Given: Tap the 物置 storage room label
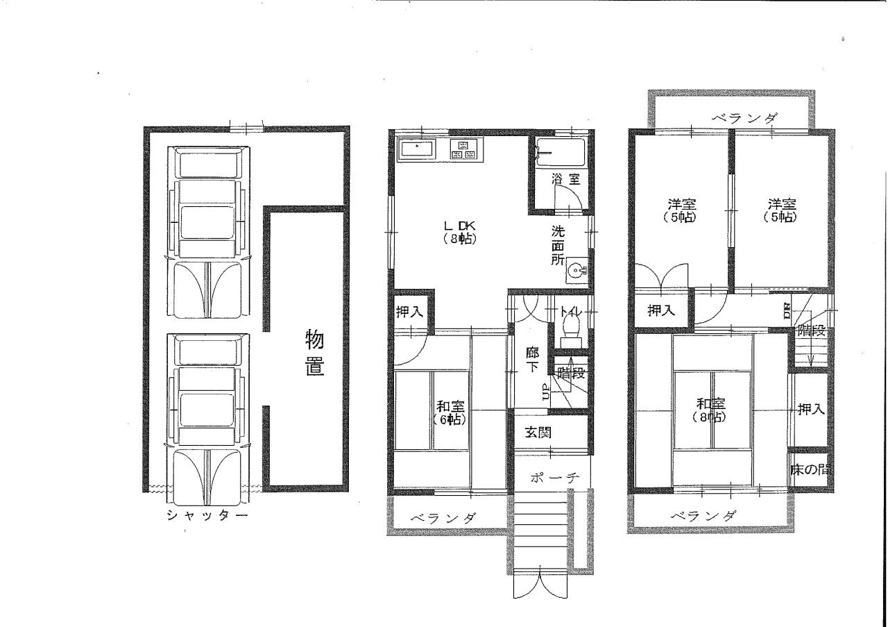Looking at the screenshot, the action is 315,353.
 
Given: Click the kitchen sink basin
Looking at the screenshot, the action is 416,151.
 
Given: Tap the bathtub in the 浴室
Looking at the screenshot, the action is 560,153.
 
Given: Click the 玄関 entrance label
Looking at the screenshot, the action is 538,432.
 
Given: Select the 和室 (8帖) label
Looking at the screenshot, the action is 711,410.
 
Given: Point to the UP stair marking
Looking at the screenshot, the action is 545,392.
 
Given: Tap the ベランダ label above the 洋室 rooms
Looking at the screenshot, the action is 744,118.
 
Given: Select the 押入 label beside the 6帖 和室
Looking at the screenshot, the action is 410,312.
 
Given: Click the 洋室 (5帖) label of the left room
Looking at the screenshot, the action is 681,210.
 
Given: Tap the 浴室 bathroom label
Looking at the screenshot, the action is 565,179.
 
